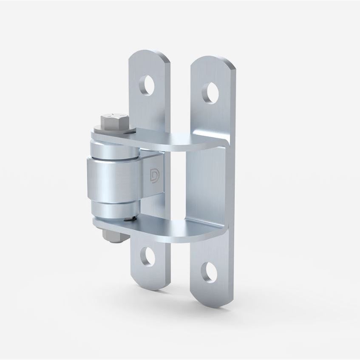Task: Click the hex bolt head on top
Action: point(112,120)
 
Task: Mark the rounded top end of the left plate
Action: point(149,57)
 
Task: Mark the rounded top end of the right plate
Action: point(213,64)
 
